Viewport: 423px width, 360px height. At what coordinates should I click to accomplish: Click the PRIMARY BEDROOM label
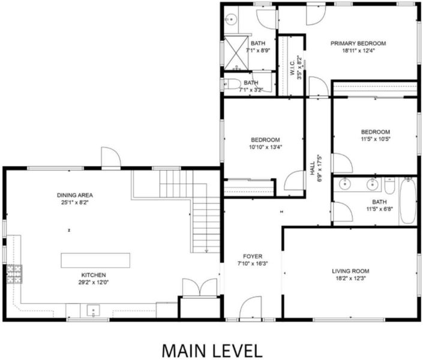click(358, 43)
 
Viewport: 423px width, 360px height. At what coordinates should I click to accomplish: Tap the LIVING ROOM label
click(350, 271)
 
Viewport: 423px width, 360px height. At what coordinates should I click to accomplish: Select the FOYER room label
click(253, 256)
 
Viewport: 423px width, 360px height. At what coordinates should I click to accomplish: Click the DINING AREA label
click(75, 195)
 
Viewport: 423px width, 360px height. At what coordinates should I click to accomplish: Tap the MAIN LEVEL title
click(212, 350)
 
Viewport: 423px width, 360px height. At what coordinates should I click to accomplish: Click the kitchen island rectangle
click(95, 260)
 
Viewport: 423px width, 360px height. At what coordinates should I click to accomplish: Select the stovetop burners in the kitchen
click(14, 274)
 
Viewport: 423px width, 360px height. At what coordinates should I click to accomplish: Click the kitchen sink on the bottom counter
click(94, 310)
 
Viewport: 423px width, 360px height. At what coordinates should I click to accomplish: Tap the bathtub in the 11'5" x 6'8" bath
click(407, 201)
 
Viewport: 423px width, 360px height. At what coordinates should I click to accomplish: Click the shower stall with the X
click(236, 52)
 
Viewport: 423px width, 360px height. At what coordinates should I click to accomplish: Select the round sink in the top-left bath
click(231, 19)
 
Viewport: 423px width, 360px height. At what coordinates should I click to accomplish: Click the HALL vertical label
click(312, 168)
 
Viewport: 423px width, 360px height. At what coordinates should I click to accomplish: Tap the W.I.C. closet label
click(292, 68)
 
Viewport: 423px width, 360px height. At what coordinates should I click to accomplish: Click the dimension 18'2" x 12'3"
click(350, 278)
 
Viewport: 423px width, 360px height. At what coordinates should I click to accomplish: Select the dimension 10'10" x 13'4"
click(265, 148)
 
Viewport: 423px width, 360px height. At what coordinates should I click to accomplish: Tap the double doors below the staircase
click(200, 287)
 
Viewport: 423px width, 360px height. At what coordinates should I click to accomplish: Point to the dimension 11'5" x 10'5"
click(376, 139)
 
